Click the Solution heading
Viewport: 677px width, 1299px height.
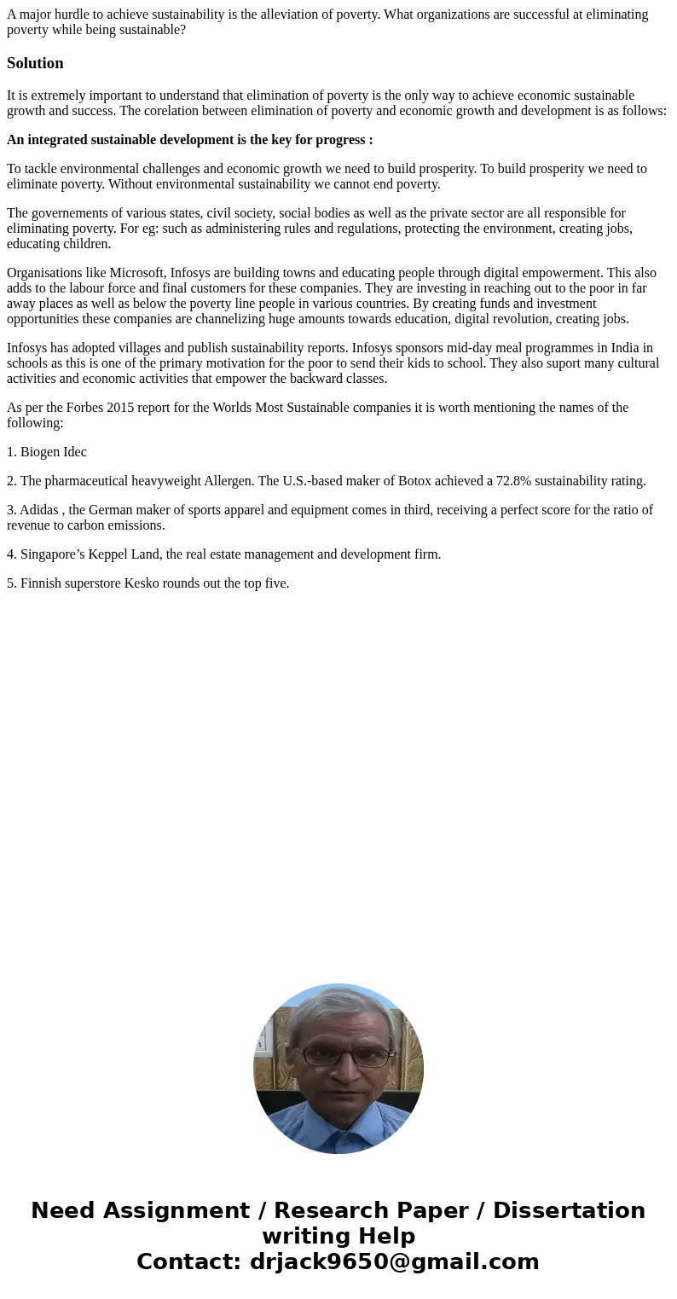(35, 63)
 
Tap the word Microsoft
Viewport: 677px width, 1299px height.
(137, 273)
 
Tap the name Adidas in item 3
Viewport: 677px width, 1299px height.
(39, 510)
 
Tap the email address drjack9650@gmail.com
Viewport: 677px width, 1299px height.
(394, 1261)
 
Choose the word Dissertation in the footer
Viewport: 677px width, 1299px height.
(569, 1210)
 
